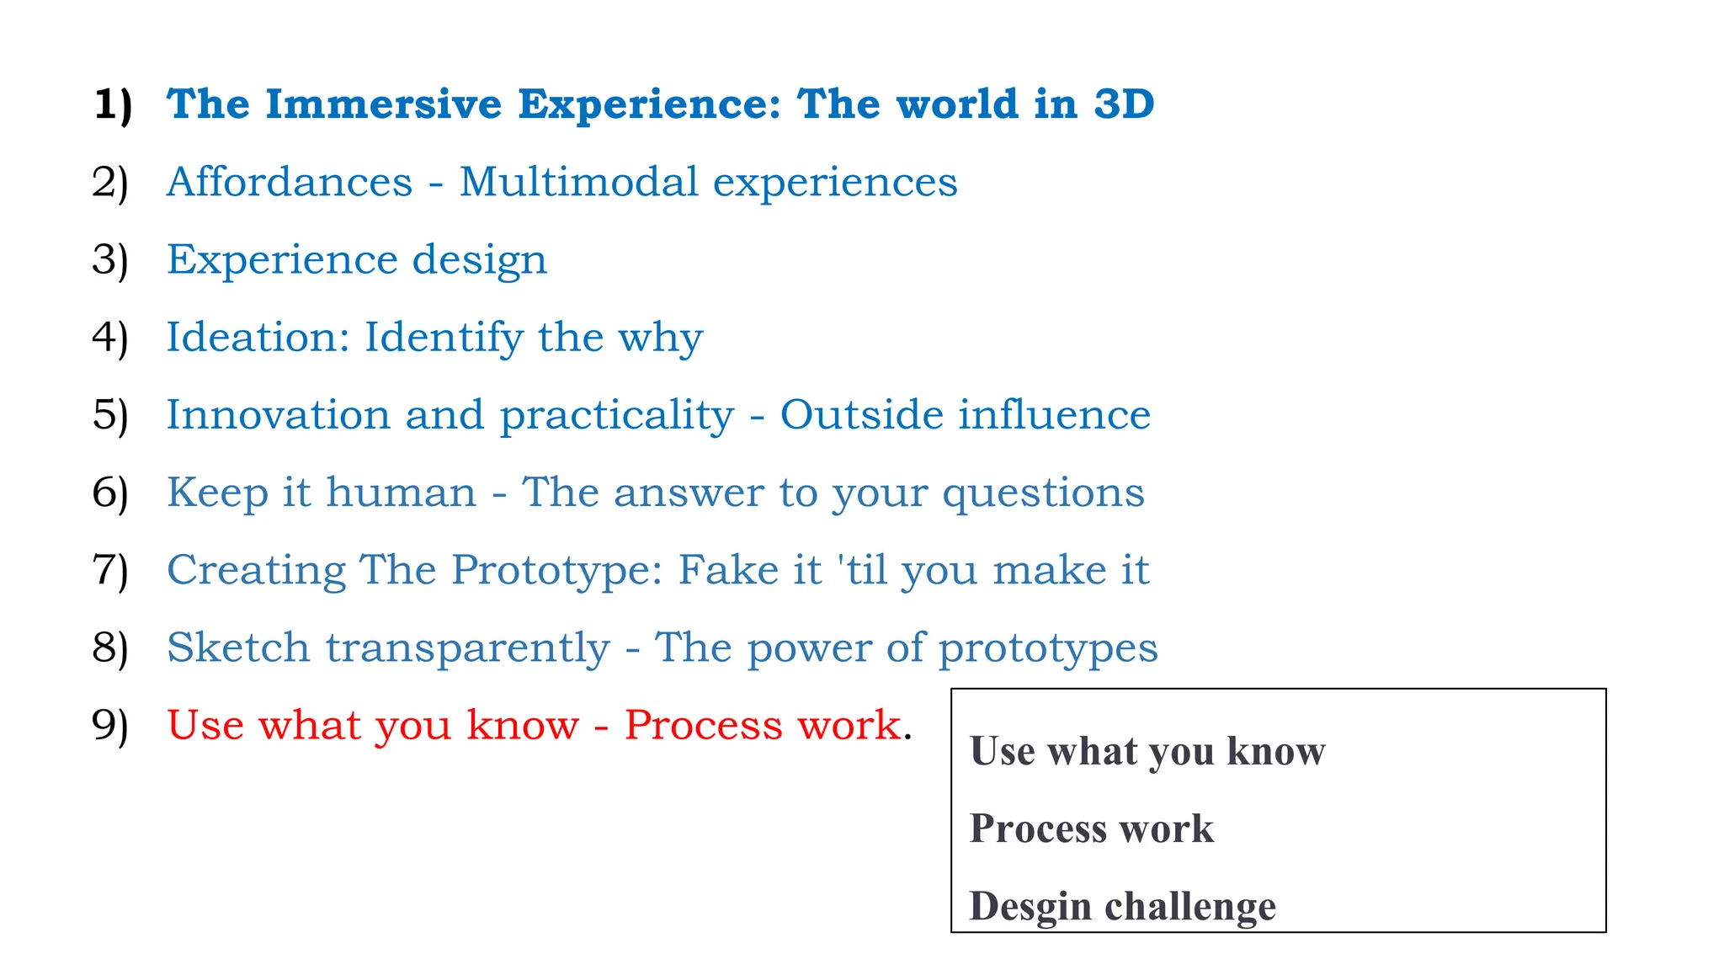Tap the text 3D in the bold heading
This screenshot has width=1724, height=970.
coord(1123,104)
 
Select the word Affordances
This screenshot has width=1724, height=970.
coord(290,182)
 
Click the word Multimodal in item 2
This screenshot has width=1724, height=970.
coord(578,182)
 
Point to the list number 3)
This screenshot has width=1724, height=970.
coord(110,259)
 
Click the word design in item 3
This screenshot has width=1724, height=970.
coord(479,260)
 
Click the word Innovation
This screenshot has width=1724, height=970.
coord(278,414)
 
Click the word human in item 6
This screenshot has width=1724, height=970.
coord(401,492)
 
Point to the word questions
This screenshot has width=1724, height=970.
coord(1043,493)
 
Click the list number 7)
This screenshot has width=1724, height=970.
coord(110,570)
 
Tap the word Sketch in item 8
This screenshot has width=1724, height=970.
coord(238,648)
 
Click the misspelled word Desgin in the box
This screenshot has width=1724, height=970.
coord(1030,907)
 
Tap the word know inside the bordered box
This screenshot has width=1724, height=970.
coord(1275,751)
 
